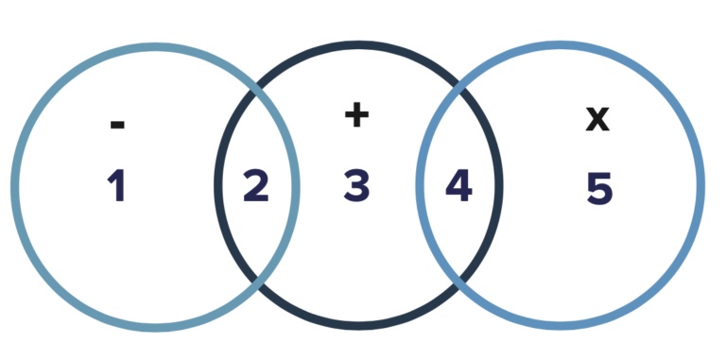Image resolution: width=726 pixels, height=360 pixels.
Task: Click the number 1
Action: (x=116, y=186)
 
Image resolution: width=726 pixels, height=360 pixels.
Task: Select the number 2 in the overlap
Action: (x=255, y=186)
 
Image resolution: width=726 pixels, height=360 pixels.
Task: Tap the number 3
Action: (x=356, y=186)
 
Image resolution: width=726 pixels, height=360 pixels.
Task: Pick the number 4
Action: (x=458, y=186)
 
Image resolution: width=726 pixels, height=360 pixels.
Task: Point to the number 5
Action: (x=599, y=187)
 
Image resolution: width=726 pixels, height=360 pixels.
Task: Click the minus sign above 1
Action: (x=117, y=124)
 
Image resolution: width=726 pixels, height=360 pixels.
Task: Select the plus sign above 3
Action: (x=356, y=115)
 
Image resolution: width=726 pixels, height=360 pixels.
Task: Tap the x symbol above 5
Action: (x=597, y=119)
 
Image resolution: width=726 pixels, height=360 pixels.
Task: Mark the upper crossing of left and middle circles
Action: (x=257, y=92)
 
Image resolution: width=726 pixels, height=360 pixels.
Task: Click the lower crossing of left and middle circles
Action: (x=257, y=282)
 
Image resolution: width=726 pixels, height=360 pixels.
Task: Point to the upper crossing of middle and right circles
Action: (x=459, y=92)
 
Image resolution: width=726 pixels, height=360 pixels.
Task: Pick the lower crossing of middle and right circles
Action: (x=459, y=282)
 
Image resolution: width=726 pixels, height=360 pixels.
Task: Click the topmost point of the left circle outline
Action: (x=155, y=47)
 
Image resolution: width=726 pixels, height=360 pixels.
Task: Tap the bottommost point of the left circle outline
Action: (x=155, y=327)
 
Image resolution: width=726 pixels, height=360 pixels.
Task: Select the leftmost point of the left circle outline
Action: (x=15, y=187)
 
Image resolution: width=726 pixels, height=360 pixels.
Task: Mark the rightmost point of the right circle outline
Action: (x=700, y=187)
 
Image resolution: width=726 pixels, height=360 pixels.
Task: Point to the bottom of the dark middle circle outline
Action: (x=358, y=326)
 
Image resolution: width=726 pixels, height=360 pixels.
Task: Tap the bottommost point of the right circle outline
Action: (x=561, y=326)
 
